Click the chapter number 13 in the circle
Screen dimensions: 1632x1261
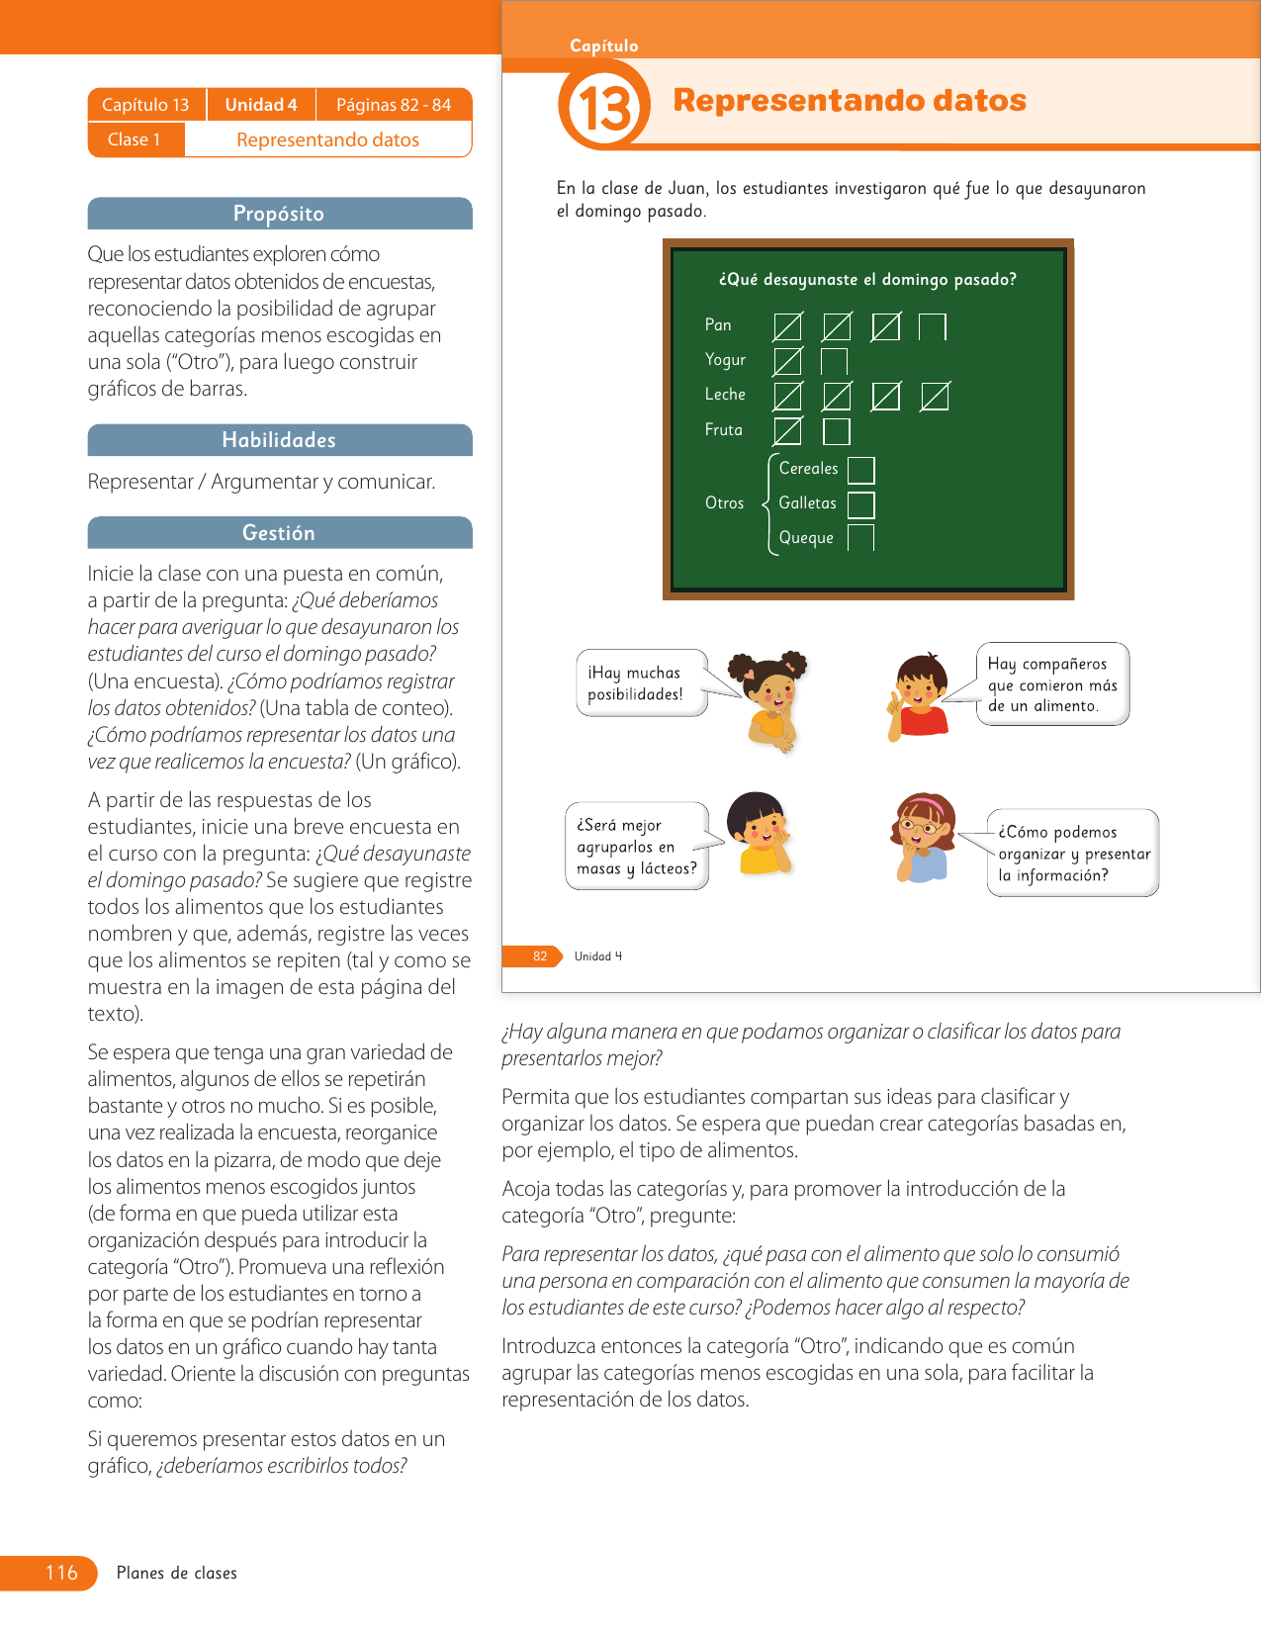[603, 107]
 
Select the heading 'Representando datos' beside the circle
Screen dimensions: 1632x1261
[849, 100]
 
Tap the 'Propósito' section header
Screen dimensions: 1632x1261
[279, 214]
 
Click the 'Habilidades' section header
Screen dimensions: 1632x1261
[279, 440]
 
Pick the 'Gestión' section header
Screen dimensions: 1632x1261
[279, 533]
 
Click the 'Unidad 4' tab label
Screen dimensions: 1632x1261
[261, 105]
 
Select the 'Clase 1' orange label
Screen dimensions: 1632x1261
[135, 139]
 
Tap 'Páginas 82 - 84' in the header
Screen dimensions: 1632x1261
[394, 105]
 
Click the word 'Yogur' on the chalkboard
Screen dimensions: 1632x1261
[725, 360]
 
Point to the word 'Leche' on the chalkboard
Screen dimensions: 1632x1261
[725, 395]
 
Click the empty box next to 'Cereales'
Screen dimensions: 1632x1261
[861, 470]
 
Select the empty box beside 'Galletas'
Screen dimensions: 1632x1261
[861, 504]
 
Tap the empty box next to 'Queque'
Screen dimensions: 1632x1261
[861, 538]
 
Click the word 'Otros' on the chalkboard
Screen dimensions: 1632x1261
[724, 503]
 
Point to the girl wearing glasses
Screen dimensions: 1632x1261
[925, 836]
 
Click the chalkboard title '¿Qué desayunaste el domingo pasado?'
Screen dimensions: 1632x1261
[867, 280]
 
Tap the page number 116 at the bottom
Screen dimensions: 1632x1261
[61, 1573]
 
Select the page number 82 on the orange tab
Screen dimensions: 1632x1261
[540, 956]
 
